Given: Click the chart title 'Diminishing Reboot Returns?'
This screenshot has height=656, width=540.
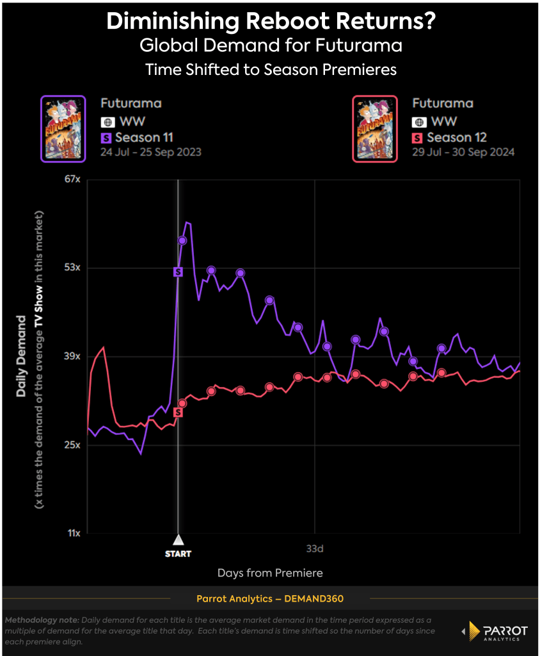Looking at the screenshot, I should (271, 22).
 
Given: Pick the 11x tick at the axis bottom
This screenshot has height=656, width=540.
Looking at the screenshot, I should (74, 533).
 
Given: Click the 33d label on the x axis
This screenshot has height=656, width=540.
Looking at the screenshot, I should (315, 549).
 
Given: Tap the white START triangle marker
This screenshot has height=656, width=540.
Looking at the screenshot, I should (179, 539).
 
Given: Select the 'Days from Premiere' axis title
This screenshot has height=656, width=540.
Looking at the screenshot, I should (270, 573).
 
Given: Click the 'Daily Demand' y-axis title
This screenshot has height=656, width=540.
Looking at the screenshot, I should (21, 356).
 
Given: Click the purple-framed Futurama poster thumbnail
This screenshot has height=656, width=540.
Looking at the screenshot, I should (63, 129).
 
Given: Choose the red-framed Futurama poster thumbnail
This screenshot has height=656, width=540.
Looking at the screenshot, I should (375, 129).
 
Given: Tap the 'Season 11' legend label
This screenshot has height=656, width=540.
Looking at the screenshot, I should (144, 137).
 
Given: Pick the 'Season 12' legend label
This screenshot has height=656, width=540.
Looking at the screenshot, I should (456, 137).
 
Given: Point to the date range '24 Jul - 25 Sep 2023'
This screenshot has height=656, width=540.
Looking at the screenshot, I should (151, 152).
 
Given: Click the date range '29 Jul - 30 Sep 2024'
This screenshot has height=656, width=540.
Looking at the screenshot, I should (463, 152).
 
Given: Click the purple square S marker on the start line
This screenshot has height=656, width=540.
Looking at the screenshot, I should (179, 272).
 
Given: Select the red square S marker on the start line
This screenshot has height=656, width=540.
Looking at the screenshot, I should (179, 412).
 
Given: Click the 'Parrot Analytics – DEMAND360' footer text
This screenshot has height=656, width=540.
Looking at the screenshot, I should (269, 598).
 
